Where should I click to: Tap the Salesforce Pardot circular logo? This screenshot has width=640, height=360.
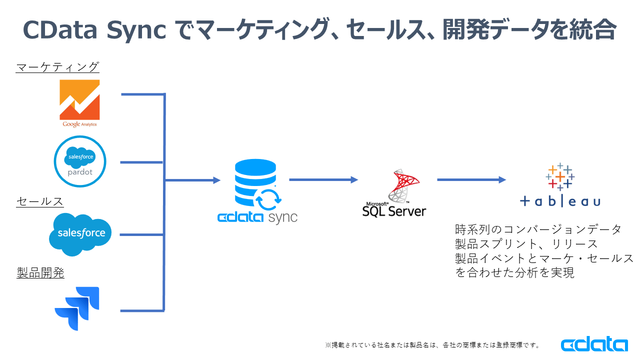coord(80,161)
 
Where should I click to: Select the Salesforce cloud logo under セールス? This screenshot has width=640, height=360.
coord(80,234)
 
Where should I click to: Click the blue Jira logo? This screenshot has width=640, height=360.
coord(77,308)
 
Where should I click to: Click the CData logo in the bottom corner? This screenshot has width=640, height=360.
coord(594,345)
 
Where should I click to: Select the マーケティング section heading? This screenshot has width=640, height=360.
coord(57,67)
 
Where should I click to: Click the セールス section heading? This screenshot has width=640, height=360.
coord(40,201)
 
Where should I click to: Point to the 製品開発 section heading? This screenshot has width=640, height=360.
coord(40,273)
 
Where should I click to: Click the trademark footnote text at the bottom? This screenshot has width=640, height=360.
coord(433,345)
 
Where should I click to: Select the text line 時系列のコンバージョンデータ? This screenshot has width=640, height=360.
coord(538,229)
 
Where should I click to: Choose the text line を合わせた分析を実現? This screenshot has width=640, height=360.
coord(514,272)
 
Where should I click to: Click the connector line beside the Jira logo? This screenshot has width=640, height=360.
coord(142,310)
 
